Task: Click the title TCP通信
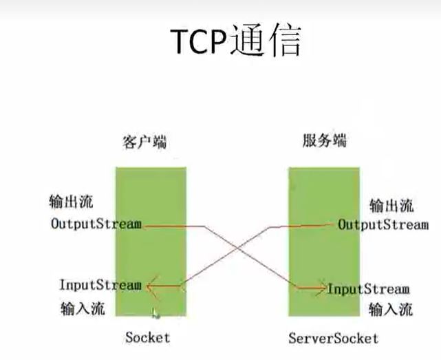235,41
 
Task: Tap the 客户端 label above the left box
144,142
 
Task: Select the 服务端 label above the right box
324,142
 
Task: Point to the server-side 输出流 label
391,206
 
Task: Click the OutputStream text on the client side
96,224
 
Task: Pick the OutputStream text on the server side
383,224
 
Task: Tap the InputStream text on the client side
100,284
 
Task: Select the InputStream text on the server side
368,288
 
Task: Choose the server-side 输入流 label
391,309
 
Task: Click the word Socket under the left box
147,337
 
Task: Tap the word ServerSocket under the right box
334,338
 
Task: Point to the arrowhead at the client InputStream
150,284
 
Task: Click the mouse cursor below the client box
156,313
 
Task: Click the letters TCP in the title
201,42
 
